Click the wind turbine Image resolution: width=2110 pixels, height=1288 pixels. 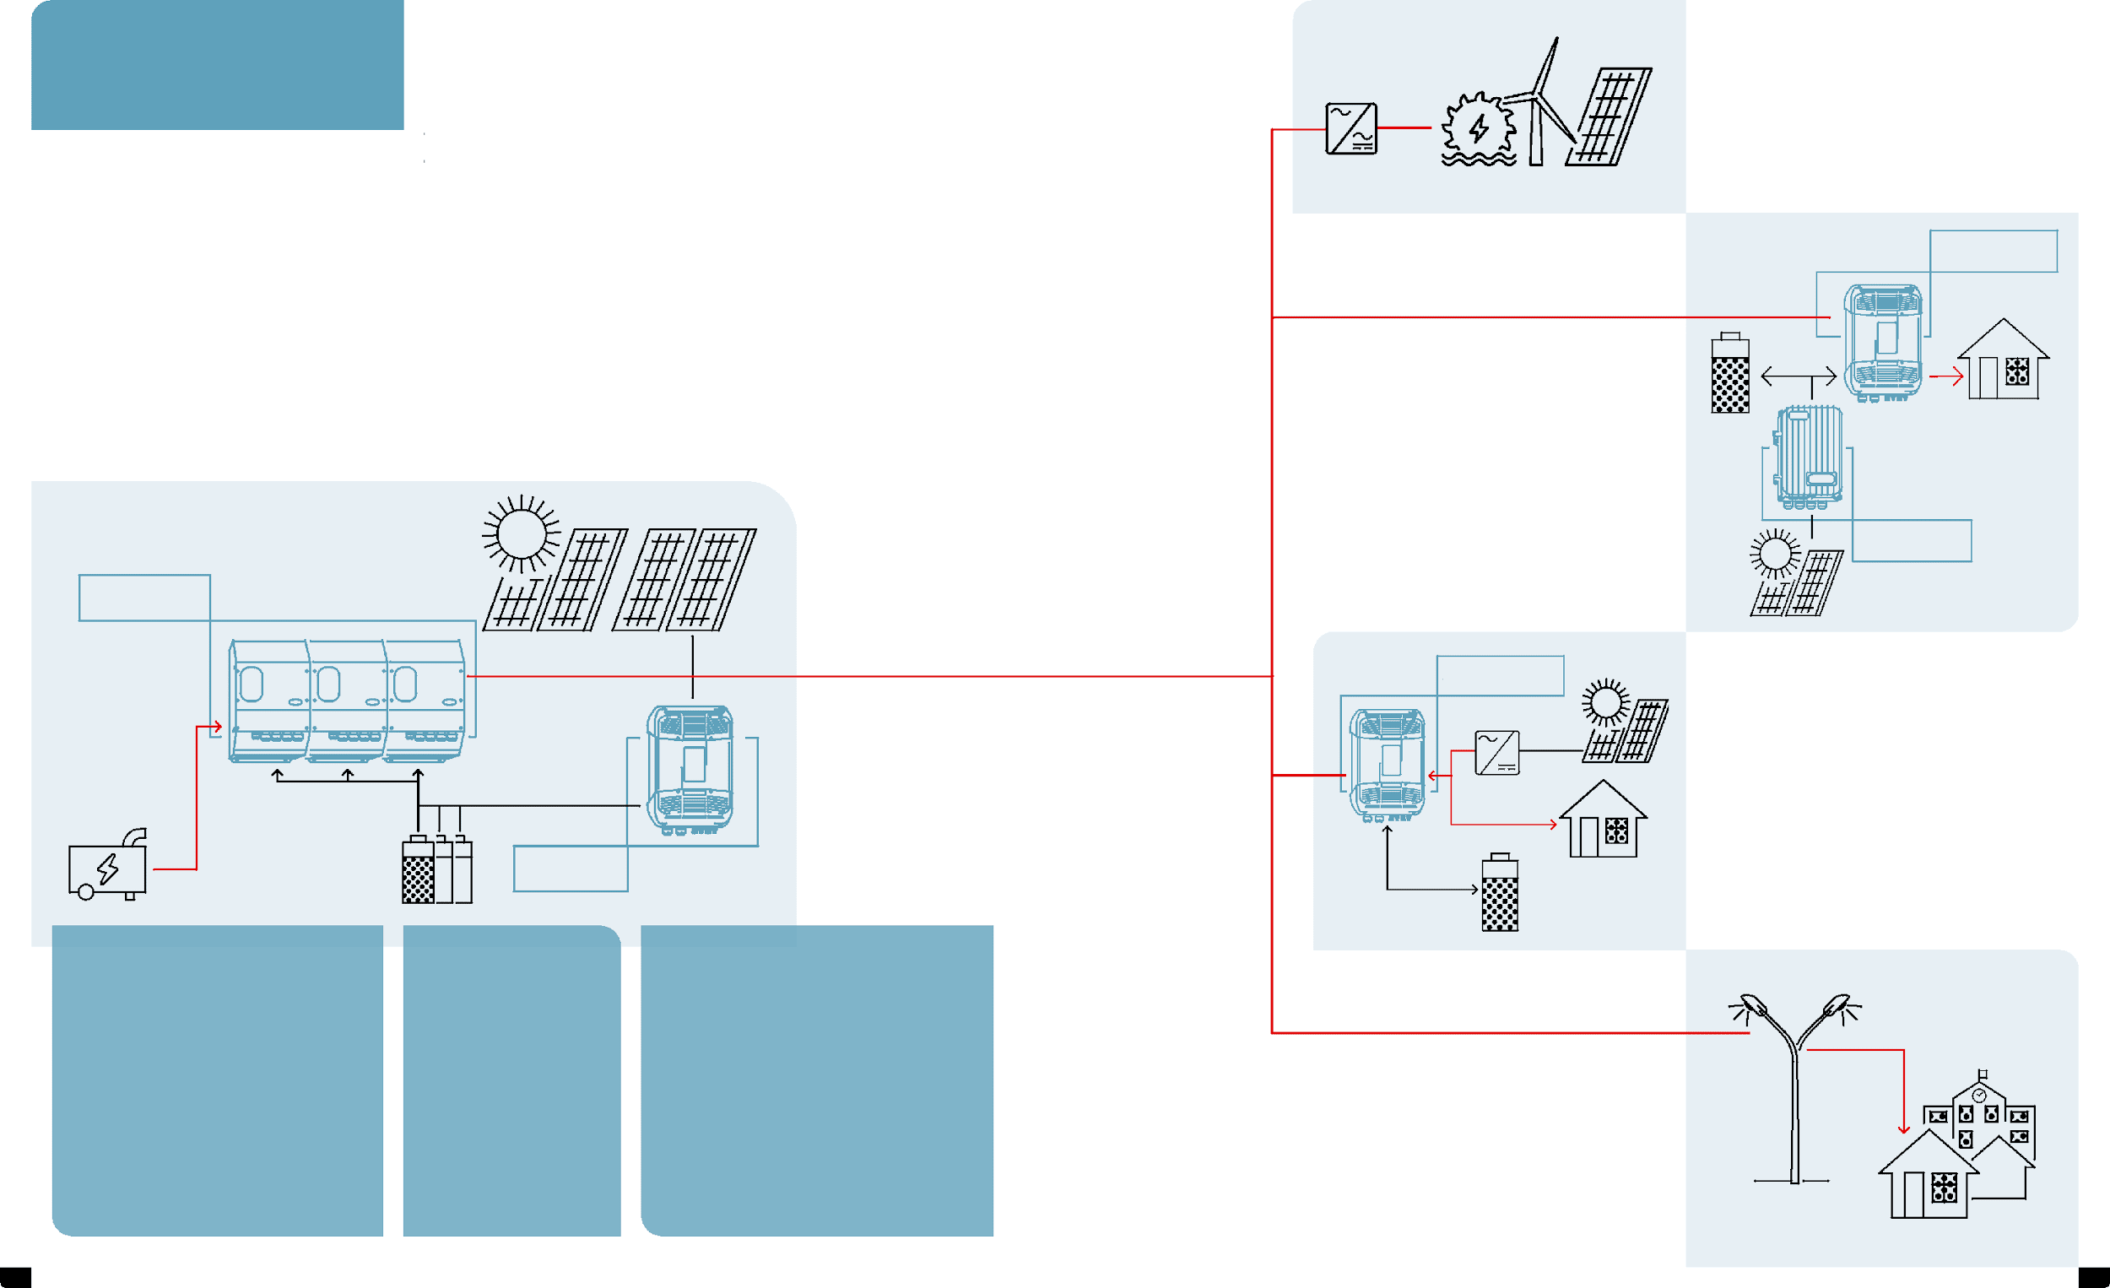coord(1539,103)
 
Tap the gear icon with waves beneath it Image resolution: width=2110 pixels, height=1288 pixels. coord(1479,128)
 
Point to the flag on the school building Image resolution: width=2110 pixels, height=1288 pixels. coord(1983,1074)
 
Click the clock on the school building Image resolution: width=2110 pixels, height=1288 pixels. coord(1979,1096)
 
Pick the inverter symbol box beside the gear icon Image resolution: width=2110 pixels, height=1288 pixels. coord(1351,128)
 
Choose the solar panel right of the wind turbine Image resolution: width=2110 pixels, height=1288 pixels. coord(1610,116)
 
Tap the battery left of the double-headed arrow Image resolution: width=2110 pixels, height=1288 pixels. coord(1730,374)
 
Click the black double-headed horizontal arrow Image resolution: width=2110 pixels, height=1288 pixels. coord(1799,376)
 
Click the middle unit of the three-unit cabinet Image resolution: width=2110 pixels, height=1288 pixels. coord(347,701)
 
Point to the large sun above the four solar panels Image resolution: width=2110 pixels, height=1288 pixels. coord(521,533)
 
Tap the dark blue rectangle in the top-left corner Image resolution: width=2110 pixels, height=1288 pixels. coord(218,65)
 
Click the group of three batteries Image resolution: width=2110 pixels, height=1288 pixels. coord(436,869)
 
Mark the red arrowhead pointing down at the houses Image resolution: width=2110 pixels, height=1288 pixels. coord(1903,1128)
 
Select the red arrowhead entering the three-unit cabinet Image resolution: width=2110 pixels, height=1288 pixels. coord(218,727)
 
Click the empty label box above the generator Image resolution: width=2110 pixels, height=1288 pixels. coord(143,598)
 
